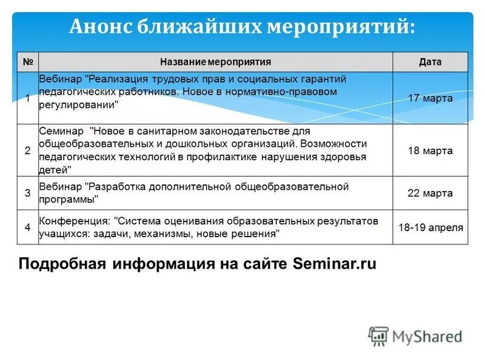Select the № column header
point(27,62)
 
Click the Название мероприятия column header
point(215,62)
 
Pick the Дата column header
point(430,62)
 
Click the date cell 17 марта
point(430,98)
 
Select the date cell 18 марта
point(430,150)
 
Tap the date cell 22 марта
point(430,193)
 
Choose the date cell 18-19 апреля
point(430,227)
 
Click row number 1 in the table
point(27,98)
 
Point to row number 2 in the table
point(27,150)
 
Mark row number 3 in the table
point(27,193)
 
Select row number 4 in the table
point(27,227)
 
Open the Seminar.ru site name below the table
point(334,265)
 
